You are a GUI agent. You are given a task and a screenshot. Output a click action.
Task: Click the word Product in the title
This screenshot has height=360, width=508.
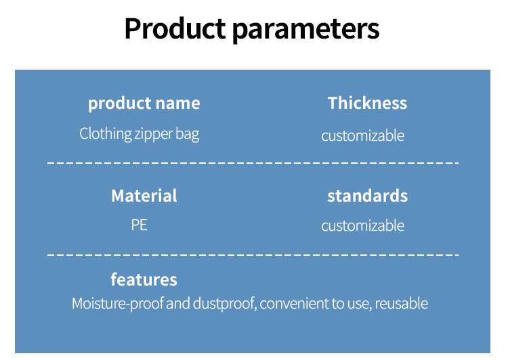click(x=175, y=28)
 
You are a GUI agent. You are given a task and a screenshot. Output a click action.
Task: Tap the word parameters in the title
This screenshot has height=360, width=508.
click(x=306, y=30)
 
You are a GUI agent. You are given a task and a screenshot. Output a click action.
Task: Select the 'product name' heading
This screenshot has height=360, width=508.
click(x=144, y=104)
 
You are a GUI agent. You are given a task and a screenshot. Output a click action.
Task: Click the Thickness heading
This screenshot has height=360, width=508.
click(x=367, y=103)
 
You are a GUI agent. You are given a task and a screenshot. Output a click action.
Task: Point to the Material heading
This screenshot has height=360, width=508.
click(x=144, y=196)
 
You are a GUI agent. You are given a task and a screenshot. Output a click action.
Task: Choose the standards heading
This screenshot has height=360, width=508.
click(x=367, y=196)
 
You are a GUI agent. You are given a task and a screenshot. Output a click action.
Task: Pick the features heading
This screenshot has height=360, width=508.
click(x=144, y=279)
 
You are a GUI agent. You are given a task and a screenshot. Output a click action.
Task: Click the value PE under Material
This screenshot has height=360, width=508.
click(x=140, y=225)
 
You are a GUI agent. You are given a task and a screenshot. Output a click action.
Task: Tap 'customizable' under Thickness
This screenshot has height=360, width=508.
click(x=363, y=135)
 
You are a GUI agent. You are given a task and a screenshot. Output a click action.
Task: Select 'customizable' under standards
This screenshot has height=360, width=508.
click(x=363, y=225)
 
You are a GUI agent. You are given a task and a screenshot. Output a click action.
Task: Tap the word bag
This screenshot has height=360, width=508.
click(x=187, y=134)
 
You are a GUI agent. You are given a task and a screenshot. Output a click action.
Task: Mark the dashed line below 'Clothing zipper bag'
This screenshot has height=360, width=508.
click(x=253, y=162)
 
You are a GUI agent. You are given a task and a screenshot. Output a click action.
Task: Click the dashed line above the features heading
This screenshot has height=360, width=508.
click(x=253, y=255)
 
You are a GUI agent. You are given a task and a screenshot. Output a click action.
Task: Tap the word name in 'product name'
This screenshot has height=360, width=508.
click(x=178, y=104)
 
